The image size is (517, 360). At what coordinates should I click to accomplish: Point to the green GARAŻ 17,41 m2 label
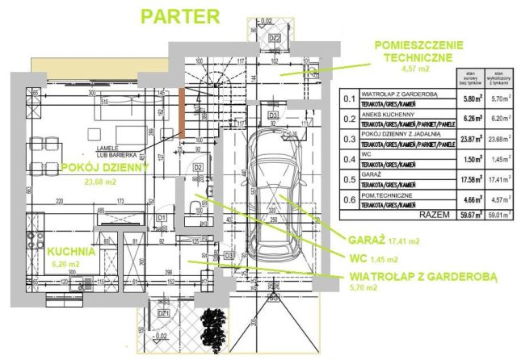tap(383, 240)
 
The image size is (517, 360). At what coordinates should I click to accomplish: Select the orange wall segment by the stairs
tap(183, 113)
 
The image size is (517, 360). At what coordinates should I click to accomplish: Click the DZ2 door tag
tap(274, 38)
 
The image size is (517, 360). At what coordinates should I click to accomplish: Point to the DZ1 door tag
tap(163, 312)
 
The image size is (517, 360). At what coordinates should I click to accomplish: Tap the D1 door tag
tap(162, 218)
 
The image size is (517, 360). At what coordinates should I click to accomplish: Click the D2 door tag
tap(198, 168)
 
